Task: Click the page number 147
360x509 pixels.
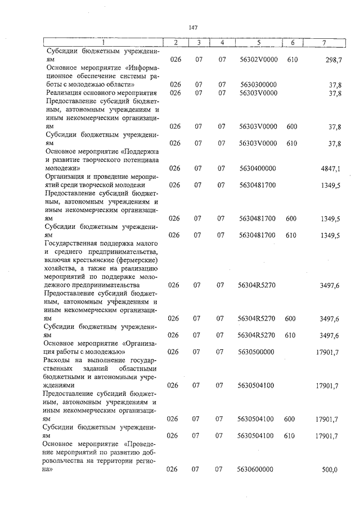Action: click(x=193, y=27)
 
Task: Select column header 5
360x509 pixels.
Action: click(x=258, y=43)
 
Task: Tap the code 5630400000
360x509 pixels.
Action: click(x=257, y=168)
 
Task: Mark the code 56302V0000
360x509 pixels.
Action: click(x=258, y=59)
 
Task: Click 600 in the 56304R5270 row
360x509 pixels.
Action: click(x=291, y=318)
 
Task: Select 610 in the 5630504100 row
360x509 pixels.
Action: click(x=291, y=435)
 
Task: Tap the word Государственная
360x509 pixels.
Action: click(x=73, y=243)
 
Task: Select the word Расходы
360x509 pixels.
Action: click(x=61, y=361)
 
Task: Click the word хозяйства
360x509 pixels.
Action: click(x=62, y=269)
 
